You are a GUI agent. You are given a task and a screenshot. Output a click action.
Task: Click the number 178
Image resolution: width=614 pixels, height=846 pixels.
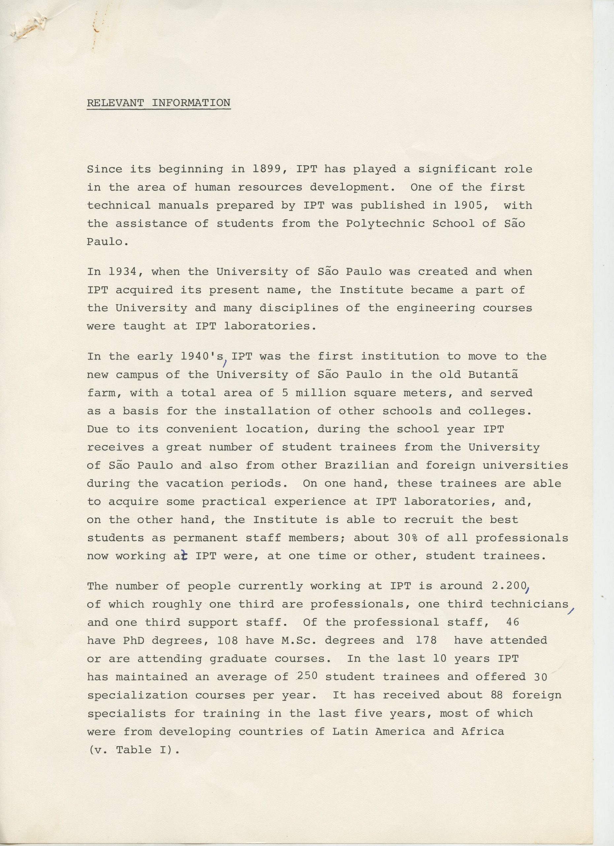pos(426,640)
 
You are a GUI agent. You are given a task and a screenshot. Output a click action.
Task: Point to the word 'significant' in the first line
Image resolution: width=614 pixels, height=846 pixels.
pos(457,169)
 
